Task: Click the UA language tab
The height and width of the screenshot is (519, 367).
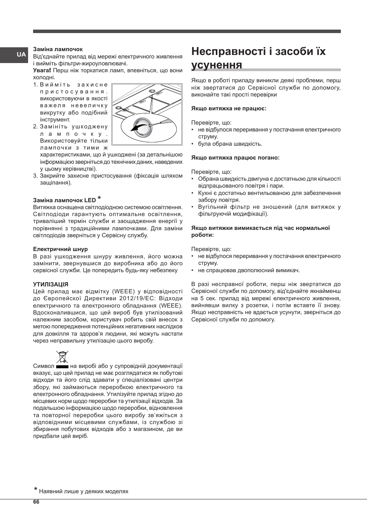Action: pos(21,55)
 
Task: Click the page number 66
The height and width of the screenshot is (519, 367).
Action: pos(36,502)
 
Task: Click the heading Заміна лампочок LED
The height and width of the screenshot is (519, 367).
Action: pos(64,200)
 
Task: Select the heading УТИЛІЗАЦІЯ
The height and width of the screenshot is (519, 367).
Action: pos(50,284)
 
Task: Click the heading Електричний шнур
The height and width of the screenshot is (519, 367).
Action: pos(60,249)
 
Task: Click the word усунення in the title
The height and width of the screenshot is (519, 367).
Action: pos(217,65)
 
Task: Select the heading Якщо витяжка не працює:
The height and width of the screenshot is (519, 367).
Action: pos(229,108)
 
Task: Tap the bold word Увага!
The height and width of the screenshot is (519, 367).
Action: pos(42,70)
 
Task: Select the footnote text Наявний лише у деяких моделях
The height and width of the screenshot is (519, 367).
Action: pos(83,491)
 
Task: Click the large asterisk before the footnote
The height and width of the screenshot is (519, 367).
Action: pos(35,490)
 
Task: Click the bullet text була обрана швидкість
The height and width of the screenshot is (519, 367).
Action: pos(230,144)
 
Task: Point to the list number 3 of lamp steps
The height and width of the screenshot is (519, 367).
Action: pos(35,176)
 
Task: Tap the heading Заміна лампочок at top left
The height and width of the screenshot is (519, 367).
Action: pos(58,49)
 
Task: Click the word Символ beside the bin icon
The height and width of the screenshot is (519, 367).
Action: pos(43,366)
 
